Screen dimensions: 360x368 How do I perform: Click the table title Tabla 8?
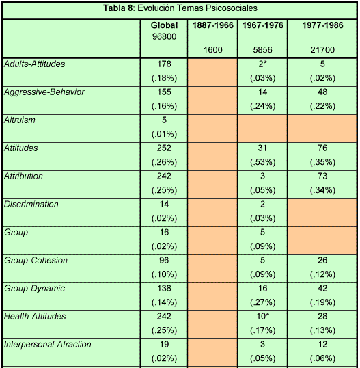tap(118, 8)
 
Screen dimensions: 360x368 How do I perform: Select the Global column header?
tap(164, 25)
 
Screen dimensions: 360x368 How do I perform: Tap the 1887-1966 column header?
tap(213, 25)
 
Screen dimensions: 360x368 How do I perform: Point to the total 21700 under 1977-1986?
tap(322, 50)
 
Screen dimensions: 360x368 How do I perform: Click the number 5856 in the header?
tap(262, 50)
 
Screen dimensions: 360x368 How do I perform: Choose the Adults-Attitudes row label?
tap(34, 64)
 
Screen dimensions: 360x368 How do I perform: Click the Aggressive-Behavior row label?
tap(44, 92)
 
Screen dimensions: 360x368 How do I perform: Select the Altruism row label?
tap(20, 120)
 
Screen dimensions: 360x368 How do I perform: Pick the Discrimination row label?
tap(31, 205)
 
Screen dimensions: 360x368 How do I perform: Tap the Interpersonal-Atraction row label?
tap(48, 344)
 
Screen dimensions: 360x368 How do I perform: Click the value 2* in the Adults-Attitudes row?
tap(262, 64)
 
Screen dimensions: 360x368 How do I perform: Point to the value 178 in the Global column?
tap(164, 64)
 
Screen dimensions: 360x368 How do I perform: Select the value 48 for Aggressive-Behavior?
tap(322, 92)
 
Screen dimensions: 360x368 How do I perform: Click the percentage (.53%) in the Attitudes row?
tap(262, 162)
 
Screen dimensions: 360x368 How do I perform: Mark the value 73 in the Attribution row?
tap(322, 176)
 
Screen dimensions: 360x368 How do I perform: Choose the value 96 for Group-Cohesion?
tap(164, 260)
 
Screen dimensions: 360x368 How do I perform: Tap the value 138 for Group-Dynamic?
tap(164, 288)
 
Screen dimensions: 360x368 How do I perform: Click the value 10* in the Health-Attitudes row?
tap(262, 316)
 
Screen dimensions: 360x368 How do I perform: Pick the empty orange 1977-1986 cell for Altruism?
tap(322, 128)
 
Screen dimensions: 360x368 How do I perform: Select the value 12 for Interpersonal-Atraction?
tap(322, 344)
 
